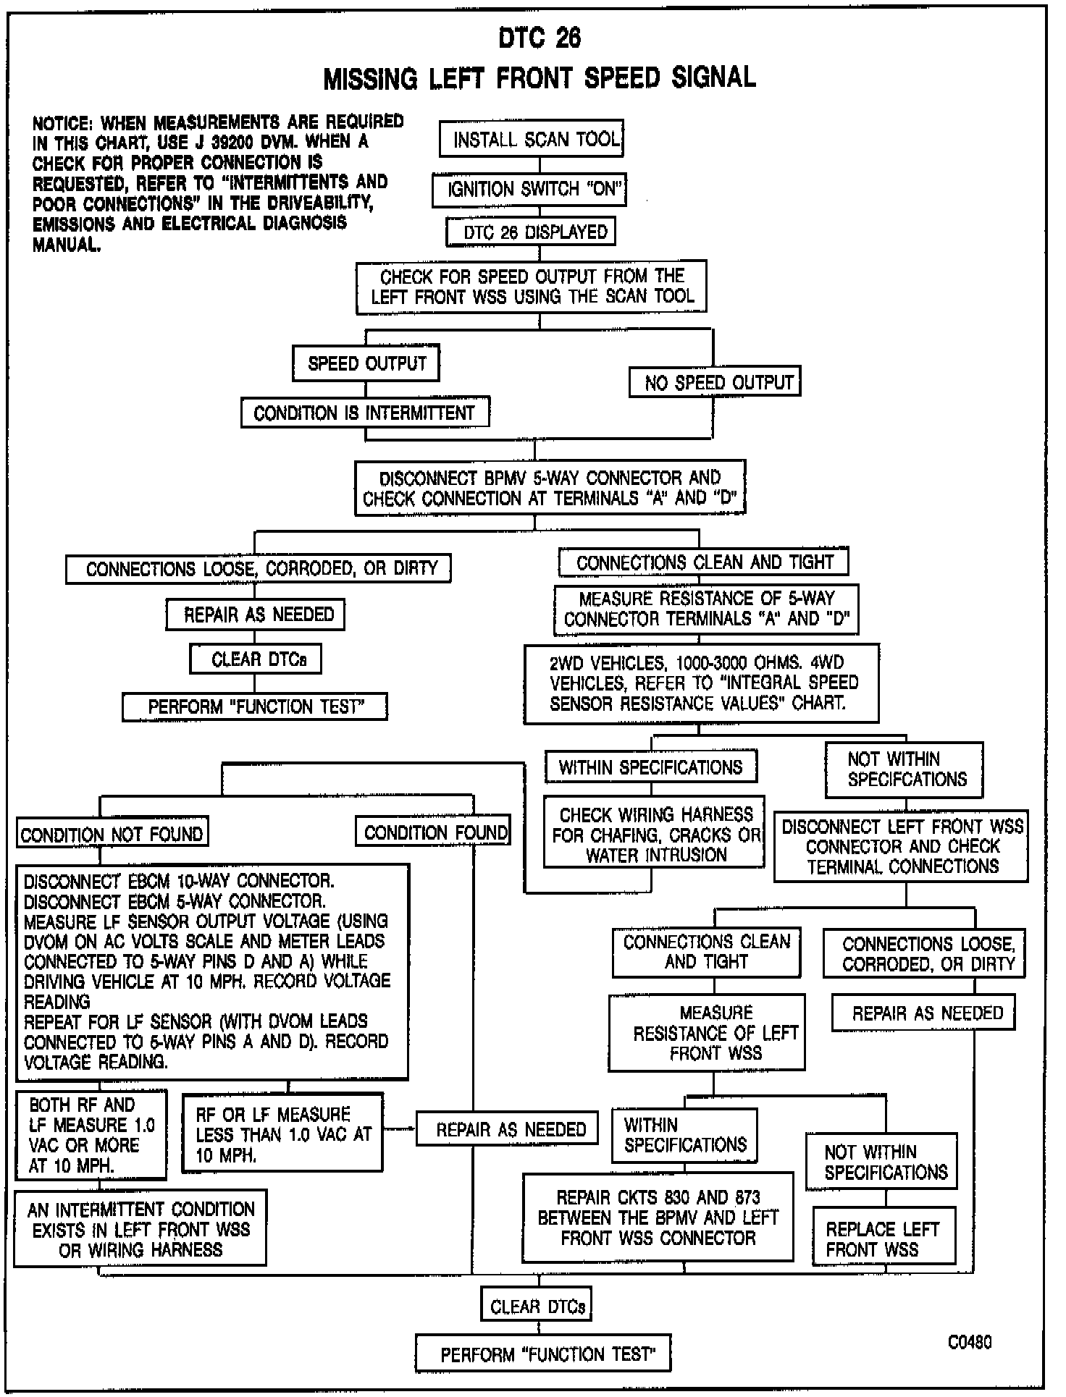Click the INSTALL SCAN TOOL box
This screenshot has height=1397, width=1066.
tap(531, 139)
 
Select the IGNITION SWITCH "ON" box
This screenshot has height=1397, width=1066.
tap(529, 190)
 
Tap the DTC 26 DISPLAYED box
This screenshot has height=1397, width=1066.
tap(530, 232)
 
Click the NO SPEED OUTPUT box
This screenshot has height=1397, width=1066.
tap(713, 382)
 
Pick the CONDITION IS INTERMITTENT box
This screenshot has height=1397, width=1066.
tap(365, 413)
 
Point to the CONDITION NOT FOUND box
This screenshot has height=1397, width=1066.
tap(112, 834)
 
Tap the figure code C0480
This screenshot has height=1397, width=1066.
tap(970, 1342)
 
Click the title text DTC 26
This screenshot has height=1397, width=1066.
tap(540, 38)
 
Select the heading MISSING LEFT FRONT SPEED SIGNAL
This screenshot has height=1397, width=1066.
tap(540, 77)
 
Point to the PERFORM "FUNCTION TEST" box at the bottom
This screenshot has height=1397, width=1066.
tap(543, 1354)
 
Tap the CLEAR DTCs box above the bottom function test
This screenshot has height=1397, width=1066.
tap(537, 1307)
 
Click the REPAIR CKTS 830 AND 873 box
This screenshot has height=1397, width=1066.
tap(658, 1218)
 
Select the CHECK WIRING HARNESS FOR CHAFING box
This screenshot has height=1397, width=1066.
tap(654, 835)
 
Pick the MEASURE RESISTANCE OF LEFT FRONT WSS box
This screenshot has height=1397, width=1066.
tap(707, 1032)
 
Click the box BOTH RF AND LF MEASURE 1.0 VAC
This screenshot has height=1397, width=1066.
tap(91, 1135)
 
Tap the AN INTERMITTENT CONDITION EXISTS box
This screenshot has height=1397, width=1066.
tap(140, 1229)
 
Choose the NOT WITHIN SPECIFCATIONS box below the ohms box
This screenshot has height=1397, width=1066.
tap(905, 769)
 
